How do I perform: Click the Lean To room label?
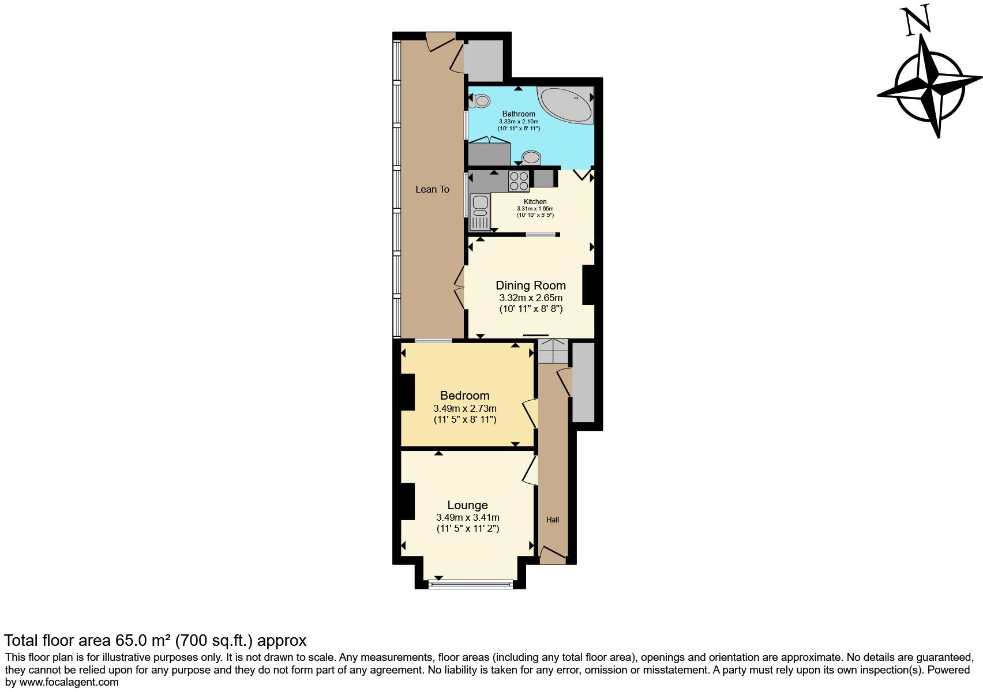point(432,189)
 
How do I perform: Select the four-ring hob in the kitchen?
point(519,181)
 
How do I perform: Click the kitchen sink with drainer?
point(479,212)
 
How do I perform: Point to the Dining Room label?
point(531,285)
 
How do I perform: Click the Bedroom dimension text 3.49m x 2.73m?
point(464,408)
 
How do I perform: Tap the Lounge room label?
point(467,505)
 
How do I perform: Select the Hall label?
point(553,520)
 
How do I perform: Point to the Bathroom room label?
point(518,114)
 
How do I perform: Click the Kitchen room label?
point(535,202)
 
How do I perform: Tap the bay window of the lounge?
point(471,584)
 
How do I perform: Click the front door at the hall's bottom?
point(552,555)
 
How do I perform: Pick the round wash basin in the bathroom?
point(531,157)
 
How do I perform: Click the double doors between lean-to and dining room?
point(460,287)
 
